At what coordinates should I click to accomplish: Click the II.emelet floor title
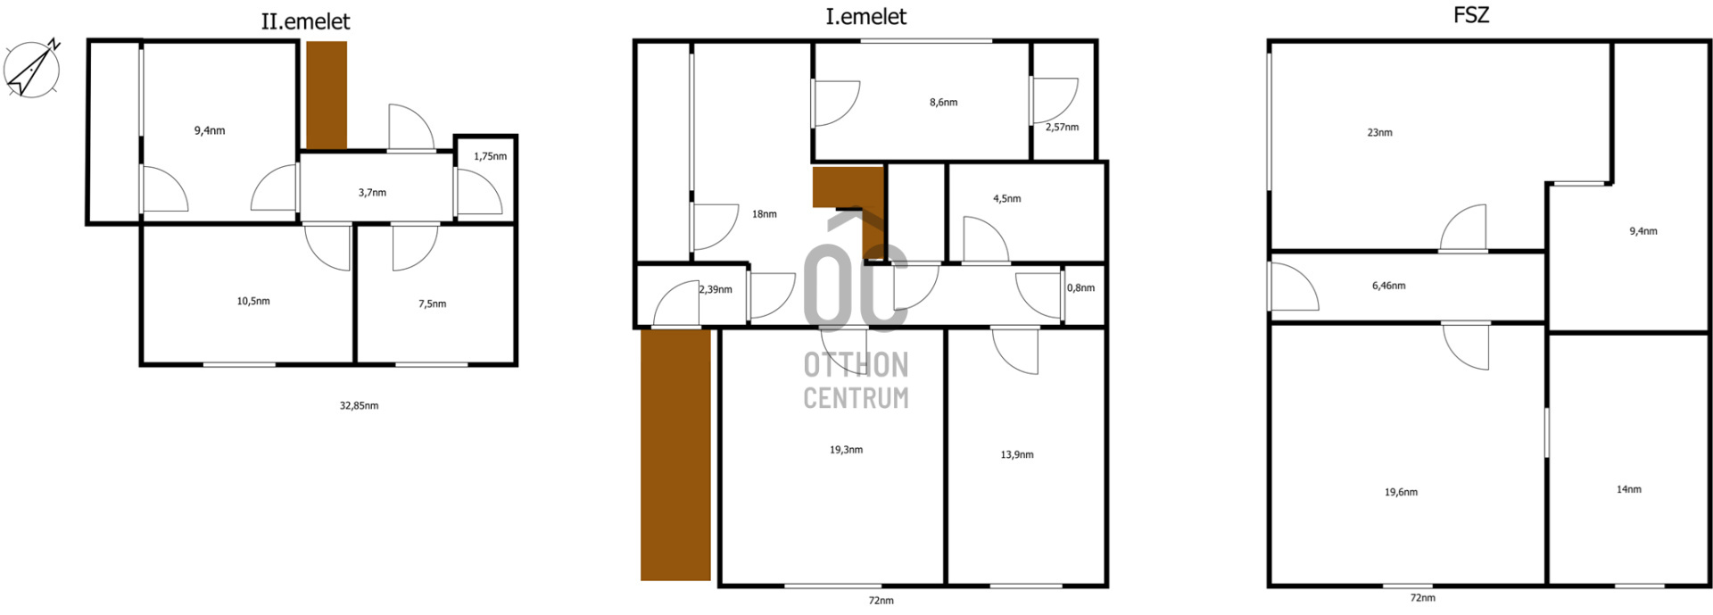coord(305,21)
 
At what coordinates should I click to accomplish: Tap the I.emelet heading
coord(865,17)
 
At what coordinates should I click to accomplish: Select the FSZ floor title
coord(1471,15)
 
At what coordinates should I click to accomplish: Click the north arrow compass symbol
coord(32,68)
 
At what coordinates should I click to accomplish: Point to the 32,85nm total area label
coord(359,405)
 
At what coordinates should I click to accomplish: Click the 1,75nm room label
coord(490,156)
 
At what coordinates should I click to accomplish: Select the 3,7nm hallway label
coord(372,193)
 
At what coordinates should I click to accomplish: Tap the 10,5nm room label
coord(253,302)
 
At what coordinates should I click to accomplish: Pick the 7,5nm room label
coord(432,304)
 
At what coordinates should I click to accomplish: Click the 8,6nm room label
coord(943,103)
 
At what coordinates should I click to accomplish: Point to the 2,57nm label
coord(1062,128)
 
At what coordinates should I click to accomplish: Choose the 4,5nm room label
coord(1006,199)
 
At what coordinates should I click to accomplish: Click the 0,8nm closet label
coord(1080,288)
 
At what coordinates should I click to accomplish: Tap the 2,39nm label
coord(716,290)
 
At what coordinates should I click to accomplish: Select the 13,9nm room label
coord(1017,455)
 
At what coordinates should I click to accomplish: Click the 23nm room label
coord(1379,133)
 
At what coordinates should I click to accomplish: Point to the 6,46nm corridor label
coord(1388,287)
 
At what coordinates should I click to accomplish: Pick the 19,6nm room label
coord(1401,493)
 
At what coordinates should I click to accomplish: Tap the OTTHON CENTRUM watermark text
coord(856,381)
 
